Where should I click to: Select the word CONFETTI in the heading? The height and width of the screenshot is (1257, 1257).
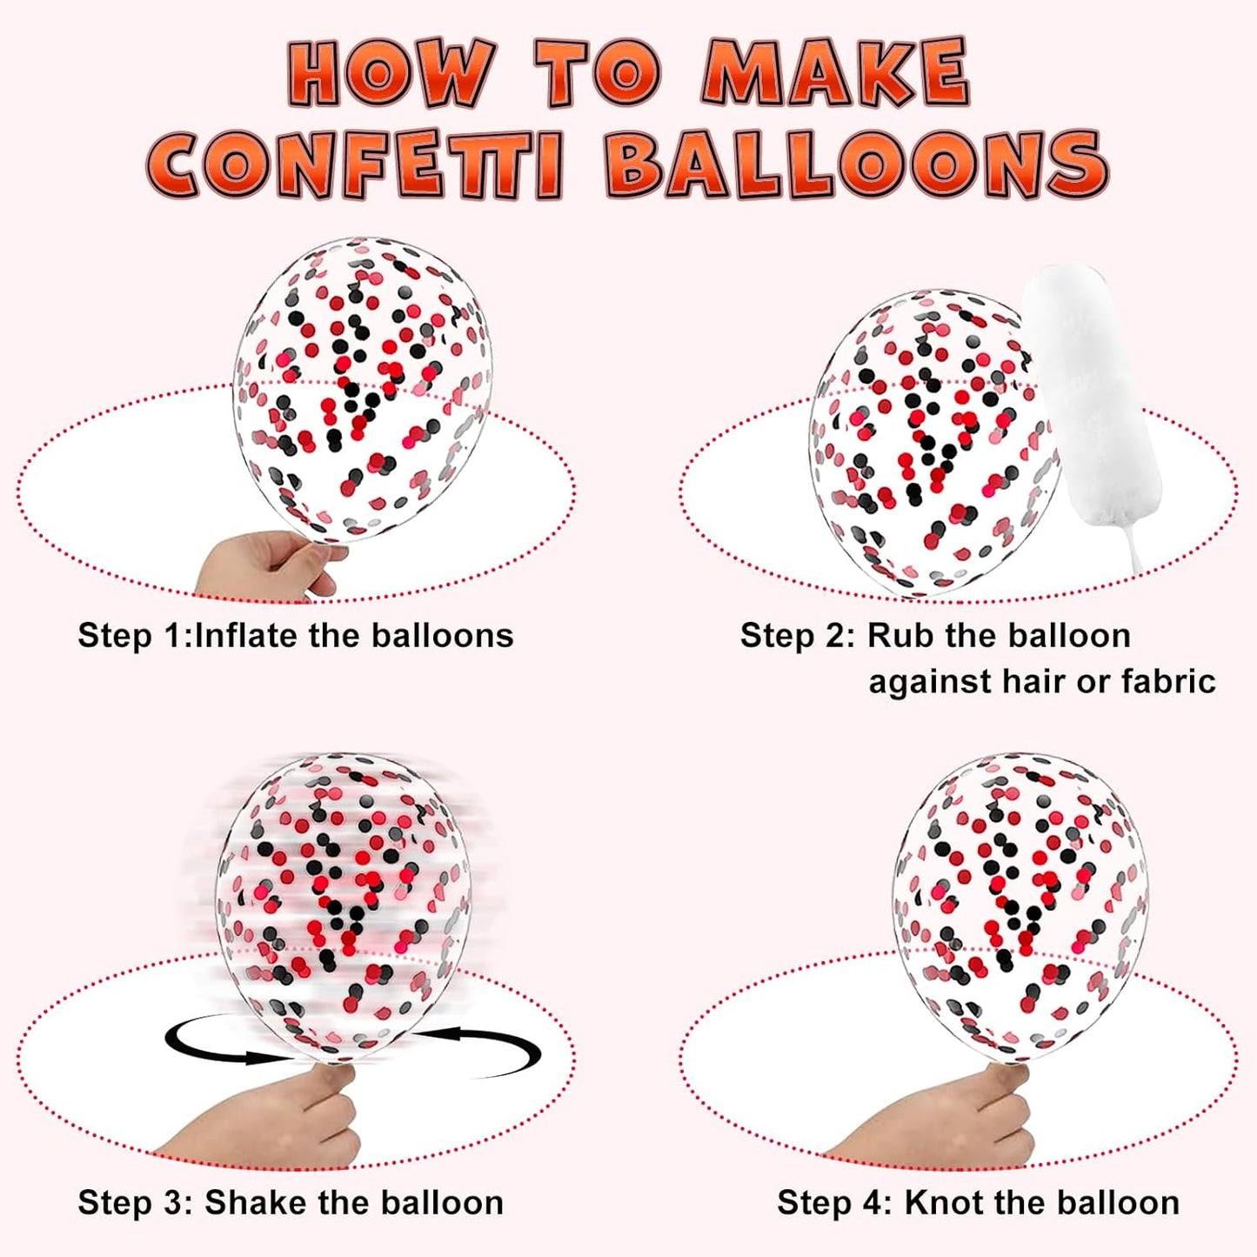[354, 164]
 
